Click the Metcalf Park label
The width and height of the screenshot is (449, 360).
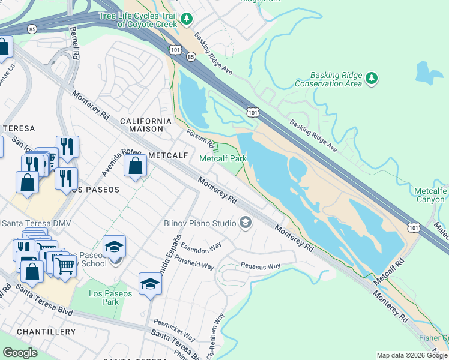coord(223,158)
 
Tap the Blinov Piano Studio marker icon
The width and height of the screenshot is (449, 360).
coord(245,223)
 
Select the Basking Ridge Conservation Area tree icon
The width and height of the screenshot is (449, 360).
coord(372,78)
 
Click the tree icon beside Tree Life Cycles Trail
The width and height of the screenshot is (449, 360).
coord(187,20)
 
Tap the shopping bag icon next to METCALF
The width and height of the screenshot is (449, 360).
coord(136,165)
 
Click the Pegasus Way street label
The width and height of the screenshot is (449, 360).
coord(260,266)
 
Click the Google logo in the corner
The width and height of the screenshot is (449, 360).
coord(20,352)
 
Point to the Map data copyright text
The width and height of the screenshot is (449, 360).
coord(412,355)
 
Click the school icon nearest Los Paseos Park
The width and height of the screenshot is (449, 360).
coord(150,284)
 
